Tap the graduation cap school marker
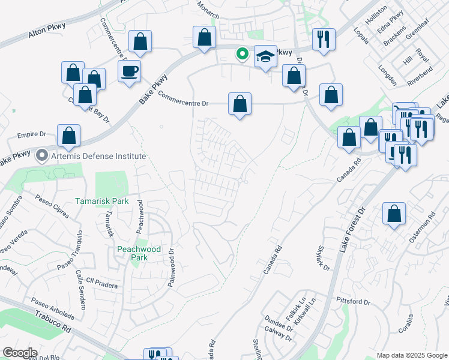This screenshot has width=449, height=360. point(265,56)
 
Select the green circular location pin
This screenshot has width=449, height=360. point(243,54)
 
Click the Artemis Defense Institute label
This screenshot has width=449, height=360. point(98,156)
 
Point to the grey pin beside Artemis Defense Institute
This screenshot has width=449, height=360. point(42,156)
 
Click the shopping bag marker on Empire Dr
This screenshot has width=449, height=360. point(69,136)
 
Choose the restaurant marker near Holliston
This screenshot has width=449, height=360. point(324,39)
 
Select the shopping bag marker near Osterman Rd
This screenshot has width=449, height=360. point(394,214)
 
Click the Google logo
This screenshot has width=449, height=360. point(20,353)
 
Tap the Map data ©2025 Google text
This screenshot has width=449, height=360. point(411,355)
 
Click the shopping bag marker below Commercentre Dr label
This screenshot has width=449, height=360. point(240,104)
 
